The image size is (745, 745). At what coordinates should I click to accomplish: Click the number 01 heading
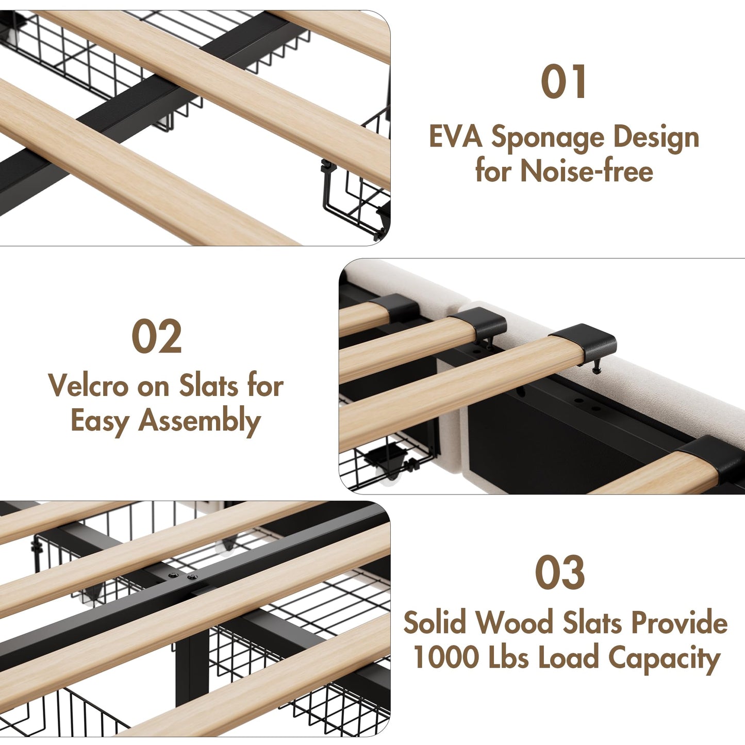click(564, 82)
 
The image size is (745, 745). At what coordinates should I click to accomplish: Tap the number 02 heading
click(157, 337)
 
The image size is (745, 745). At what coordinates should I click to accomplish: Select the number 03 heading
click(560, 573)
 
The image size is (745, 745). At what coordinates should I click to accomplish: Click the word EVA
click(455, 138)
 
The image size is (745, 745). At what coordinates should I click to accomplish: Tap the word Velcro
click(88, 386)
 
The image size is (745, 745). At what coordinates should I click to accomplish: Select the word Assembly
click(200, 421)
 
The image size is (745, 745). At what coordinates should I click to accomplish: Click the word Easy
click(100, 421)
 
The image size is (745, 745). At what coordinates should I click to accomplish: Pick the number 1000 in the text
click(446, 657)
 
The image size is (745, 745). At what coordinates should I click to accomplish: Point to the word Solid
click(436, 623)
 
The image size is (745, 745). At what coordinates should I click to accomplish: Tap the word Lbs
click(508, 657)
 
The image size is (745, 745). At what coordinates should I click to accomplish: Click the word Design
click(656, 138)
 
